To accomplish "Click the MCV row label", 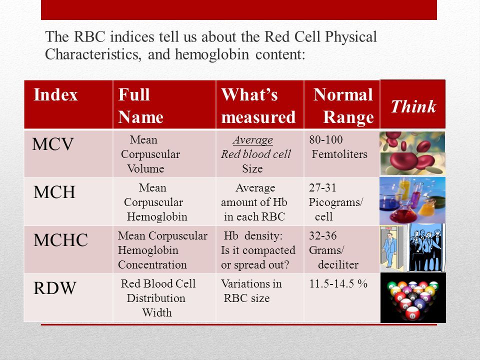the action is point(52,144).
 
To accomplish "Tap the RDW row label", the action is point(54,288).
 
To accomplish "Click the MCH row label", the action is point(54,192).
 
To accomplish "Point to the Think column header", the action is point(413,106).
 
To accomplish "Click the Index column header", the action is point(55,94).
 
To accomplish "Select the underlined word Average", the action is point(252,140).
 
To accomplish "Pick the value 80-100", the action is point(325,139).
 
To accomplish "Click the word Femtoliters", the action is point(339,154).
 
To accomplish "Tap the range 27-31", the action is point(322,187).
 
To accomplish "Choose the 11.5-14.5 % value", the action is point(338,284).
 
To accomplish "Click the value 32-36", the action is point(322,235).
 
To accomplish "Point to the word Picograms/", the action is point(336,202).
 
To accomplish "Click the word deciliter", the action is point(338,264).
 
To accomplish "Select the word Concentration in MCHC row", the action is point(152,264).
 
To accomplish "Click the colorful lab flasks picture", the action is point(412,201).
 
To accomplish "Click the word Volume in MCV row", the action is point(145,168).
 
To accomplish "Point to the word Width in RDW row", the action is point(156,312).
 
